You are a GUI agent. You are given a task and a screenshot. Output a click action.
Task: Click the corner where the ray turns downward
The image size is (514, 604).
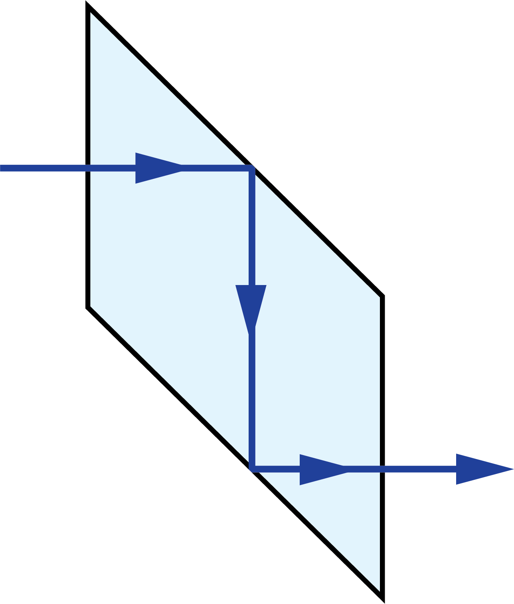point(251,168)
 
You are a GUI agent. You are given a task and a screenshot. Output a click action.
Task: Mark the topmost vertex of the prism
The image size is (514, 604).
point(91,13)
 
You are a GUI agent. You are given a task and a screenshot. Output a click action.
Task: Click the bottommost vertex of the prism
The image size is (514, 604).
point(379,590)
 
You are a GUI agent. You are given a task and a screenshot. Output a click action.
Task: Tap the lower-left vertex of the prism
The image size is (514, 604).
point(91,306)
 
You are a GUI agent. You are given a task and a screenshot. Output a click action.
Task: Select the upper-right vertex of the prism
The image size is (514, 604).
point(379,297)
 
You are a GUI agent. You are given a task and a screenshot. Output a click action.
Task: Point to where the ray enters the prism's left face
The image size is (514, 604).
point(91,168)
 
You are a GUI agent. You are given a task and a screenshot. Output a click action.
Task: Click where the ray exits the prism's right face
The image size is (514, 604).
point(380,469)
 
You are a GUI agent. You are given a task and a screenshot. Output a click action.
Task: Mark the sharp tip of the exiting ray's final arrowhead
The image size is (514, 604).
point(512,469)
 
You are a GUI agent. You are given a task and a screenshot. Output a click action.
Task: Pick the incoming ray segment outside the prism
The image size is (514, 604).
point(44,168)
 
